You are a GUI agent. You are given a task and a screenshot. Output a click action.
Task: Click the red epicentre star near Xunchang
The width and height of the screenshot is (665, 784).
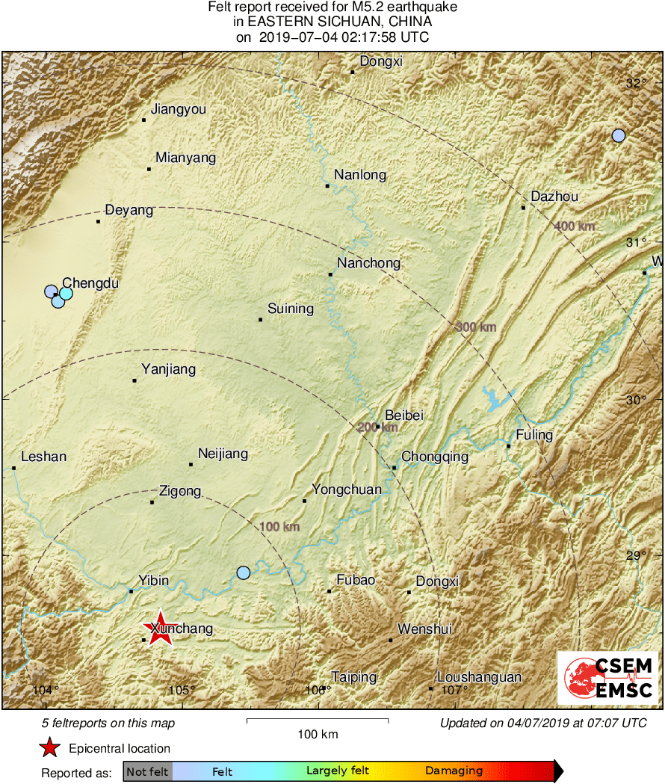coord(159,629)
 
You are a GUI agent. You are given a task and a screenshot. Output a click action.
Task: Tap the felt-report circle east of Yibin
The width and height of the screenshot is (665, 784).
coord(244,572)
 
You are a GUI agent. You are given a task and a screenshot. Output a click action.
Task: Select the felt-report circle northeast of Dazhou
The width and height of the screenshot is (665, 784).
coord(618,135)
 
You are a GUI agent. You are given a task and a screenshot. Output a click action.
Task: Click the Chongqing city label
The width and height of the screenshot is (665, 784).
coord(435,457)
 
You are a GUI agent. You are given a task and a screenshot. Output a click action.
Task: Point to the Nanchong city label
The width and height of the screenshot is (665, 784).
coord(368,263)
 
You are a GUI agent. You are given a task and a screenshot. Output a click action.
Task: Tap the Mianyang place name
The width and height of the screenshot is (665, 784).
coord(185,158)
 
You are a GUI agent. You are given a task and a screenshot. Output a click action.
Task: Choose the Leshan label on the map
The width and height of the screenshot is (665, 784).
coord(44,457)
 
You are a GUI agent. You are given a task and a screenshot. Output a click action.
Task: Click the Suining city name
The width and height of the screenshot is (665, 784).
coord(291,309)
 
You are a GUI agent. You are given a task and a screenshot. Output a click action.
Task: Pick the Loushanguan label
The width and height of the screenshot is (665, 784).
coord(480,677)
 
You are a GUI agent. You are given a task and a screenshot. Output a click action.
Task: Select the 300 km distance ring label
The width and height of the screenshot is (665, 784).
coord(475,327)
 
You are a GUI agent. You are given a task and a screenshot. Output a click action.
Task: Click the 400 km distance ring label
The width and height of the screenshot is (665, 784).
coord(575,226)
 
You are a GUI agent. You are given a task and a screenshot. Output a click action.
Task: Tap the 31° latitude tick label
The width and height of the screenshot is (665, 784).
coord(636,242)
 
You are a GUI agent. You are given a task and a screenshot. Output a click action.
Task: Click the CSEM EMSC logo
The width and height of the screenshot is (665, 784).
coord(608,678)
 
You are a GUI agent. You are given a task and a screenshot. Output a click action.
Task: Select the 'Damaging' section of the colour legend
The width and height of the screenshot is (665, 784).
coord(454,771)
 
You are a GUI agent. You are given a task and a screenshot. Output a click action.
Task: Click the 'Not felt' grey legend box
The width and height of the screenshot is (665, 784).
coord(148,771)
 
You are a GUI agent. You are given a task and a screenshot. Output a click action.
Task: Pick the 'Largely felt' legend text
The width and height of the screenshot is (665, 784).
coord(337,771)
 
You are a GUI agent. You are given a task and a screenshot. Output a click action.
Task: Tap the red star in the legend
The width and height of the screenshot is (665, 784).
coord(49,747)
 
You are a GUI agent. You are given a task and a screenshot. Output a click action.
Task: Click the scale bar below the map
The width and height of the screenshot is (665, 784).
coord(317,720)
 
